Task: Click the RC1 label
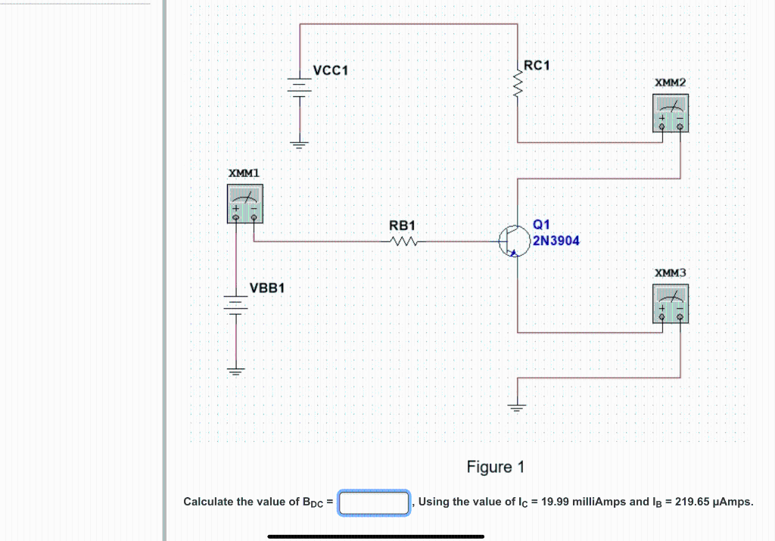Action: point(536,66)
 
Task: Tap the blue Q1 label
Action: point(542,225)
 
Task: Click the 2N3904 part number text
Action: point(556,241)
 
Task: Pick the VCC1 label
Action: point(330,70)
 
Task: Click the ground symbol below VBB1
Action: point(236,371)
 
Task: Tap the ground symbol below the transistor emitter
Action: point(518,409)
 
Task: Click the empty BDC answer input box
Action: point(375,502)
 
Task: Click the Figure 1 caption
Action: point(496,467)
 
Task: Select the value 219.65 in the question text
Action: point(692,502)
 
